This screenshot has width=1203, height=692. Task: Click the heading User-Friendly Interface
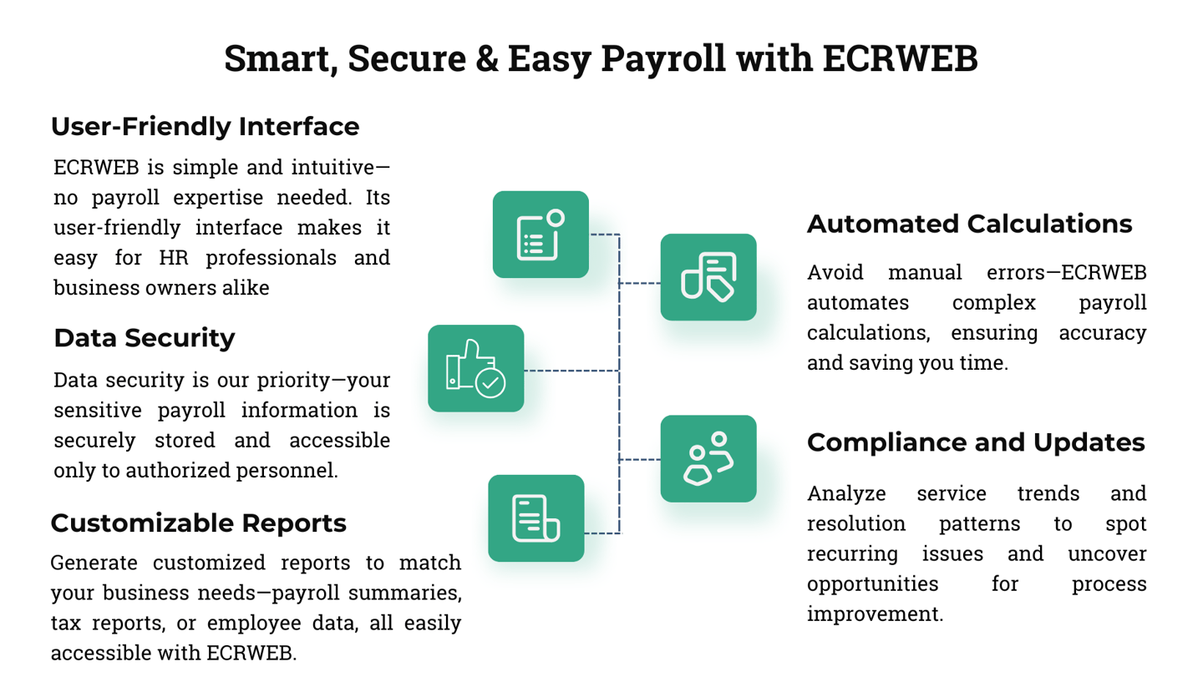tap(205, 127)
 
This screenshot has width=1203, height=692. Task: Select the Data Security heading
tap(144, 339)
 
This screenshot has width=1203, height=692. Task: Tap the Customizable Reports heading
tap(198, 523)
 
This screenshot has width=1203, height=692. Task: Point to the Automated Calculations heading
tap(969, 225)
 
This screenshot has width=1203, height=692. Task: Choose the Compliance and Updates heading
tap(976, 442)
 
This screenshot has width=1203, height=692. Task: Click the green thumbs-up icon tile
tap(475, 368)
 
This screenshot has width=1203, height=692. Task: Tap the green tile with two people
tap(708, 458)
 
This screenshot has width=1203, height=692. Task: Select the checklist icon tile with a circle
tap(541, 235)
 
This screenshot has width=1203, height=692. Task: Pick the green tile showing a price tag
tap(708, 277)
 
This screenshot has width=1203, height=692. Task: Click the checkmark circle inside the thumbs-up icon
tap(490, 383)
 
